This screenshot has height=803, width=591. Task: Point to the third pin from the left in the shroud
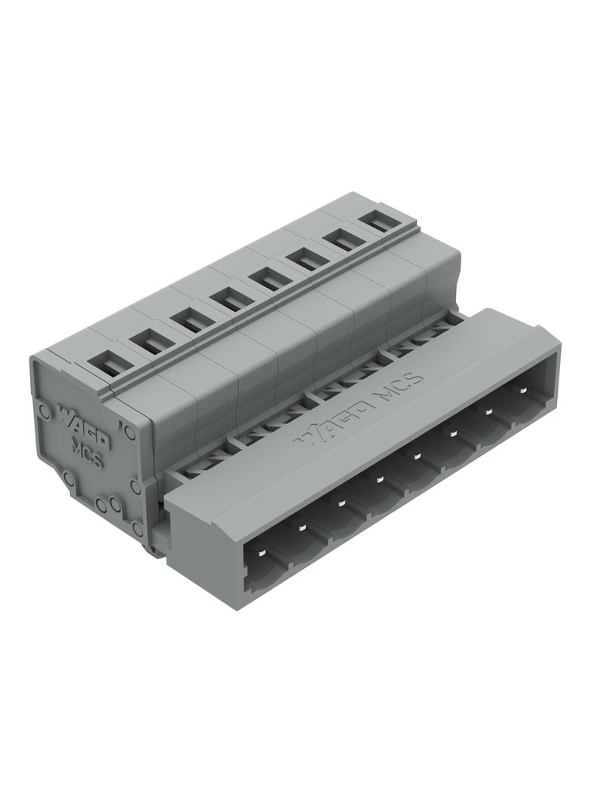coord(340,504)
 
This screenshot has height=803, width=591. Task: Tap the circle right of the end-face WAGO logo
coord(129,431)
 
